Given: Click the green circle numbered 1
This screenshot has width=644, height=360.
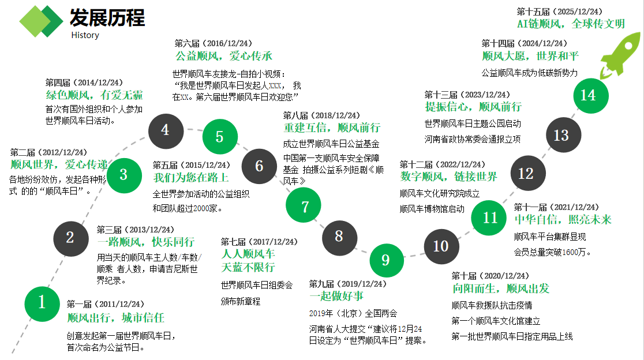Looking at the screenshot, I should coord(42,302).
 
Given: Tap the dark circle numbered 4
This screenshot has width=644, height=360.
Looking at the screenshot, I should coord(165,130).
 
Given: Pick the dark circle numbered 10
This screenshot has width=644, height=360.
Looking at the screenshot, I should coord(441,246).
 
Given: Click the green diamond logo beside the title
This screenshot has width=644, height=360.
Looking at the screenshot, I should coord(40,21).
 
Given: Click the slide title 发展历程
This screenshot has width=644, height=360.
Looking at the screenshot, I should coord(107,18).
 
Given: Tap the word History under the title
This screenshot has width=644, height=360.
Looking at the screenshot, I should coord(85,35).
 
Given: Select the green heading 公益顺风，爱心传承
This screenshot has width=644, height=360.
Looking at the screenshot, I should coord(224,56).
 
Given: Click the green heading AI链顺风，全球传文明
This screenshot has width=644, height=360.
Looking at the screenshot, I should coord(571,24).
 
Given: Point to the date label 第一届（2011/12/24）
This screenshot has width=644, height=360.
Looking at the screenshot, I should coord(105,305).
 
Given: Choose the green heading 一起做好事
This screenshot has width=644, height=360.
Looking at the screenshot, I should coord(336,297).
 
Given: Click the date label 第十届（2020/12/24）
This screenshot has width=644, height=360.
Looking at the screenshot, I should coord(491,276).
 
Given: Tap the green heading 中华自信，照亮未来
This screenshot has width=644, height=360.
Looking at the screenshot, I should coord(563,220).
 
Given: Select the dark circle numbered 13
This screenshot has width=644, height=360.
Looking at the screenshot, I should coord(561,135).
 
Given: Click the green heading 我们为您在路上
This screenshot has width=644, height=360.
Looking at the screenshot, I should coord(190,178).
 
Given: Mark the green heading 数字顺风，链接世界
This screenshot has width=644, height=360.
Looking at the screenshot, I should coord(448,177).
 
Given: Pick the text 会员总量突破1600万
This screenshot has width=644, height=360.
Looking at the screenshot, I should coord(552,252).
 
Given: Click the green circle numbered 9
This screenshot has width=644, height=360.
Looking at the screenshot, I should coord(385,260).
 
